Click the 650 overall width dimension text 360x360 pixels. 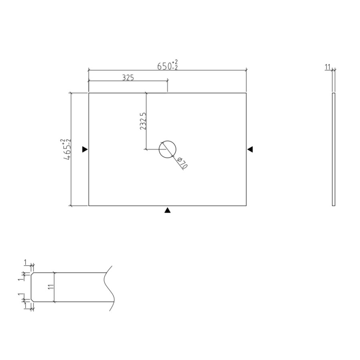pyautogui.click(x=164, y=66)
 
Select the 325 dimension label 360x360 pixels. pyautogui.click(x=128, y=78)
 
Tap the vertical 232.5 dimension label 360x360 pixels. pyautogui.click(x=143, y=121)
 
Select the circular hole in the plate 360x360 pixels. pyautogui.click(x=167, y=150)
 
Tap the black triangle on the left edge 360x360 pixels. pyautogui.click(x=84, y=149)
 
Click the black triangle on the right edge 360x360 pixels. pyautogui.click(x=250, y=149)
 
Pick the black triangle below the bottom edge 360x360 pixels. pyautogui.click(x=168, y=210)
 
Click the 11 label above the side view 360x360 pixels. pyautogui.click(x=328, y=67)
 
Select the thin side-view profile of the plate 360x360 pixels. pyautogui.click(x=334, y=149)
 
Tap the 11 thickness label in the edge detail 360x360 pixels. pyautogui.click(x=51, y=287)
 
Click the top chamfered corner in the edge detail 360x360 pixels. pyautogui.click(x=32, y=274)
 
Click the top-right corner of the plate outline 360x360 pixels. pyautogui.click(x=246, y=93)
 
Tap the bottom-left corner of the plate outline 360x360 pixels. pyautogui.click(x=88, y=206)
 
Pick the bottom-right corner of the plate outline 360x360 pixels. pyautogui.click(x=246, y=206)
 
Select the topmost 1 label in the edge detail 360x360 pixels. pyautogui.click(x=25, y=262)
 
